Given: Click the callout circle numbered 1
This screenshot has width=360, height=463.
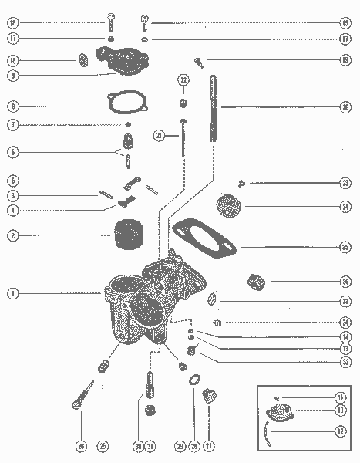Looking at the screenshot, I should tap(13, 293).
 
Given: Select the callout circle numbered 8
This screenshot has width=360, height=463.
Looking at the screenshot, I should tap(13, 106).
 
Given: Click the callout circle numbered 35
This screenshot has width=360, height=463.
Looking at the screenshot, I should tap(345, 247).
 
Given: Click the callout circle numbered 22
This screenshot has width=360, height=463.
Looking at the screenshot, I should tap(183, 79).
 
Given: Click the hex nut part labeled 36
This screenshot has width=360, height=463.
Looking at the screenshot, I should tap(254, 281).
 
